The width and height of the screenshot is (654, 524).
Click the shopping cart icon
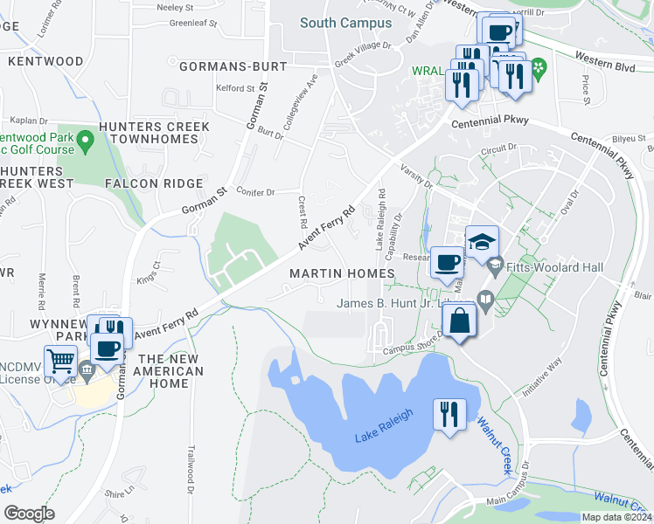pyautogui.click(x=59, y=358)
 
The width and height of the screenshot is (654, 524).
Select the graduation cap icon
pyautogui.click(x=482, y=242)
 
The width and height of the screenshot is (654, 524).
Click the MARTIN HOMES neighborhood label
pyautogui.click(x=342, y=274)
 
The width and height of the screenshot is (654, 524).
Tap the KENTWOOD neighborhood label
pyautogui.click(x=45, y=62)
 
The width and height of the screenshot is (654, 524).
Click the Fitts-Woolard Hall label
pyautogui.click(x=549, y=265)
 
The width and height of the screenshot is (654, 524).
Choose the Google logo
pyautogui.click(x=29, y=514)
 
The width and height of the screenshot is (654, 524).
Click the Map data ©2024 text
pyautogui.click(x=616, y=517)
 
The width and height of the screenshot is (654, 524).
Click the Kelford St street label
pyautogui.click(x=235, y=88)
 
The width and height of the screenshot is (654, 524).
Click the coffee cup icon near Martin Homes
pyautogui.click(x=448, y=262)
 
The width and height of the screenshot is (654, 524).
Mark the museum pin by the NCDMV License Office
pyautogui.click(x=87, y=371)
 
